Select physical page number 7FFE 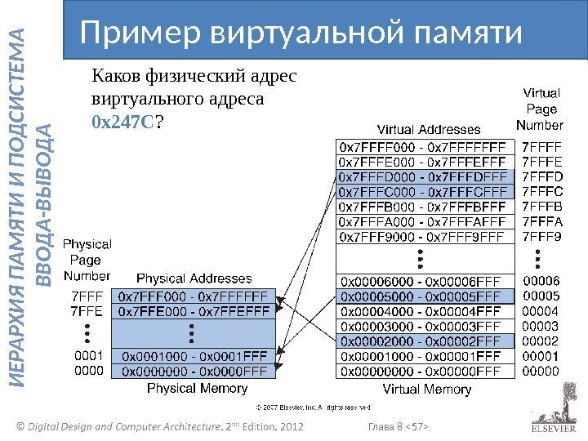pyautogui.click(x=88, y=310)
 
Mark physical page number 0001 pyautogui.click(x=88, y=356)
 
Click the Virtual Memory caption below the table pyautogui.click(x=426, y=390)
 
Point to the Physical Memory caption pyautogui.click(x=193, y=390)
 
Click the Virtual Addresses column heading pyautogui.click(x=428, y=129)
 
